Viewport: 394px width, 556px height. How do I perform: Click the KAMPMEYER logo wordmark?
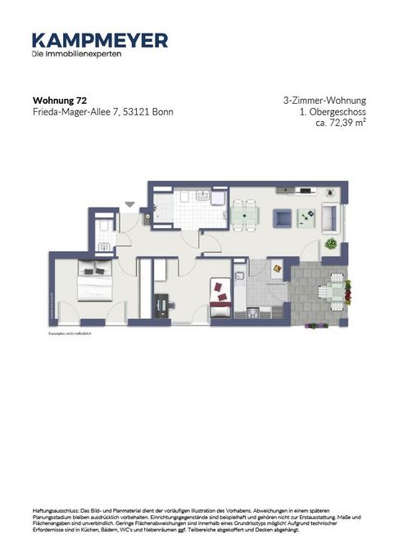pos(100,40)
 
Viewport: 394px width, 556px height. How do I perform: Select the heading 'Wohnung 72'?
pos(57,101)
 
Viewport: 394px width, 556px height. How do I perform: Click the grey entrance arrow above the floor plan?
pos(129,204)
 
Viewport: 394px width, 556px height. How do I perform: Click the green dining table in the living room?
pos(243,215)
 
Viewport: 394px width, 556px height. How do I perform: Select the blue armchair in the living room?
pos(281,217)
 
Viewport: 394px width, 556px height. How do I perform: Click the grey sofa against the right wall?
pos(329,217)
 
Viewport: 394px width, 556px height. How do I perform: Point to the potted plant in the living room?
pos(330,244)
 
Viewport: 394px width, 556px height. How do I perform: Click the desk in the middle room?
pos(161,306)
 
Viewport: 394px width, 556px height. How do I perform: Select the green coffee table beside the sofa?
pos(307,217)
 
